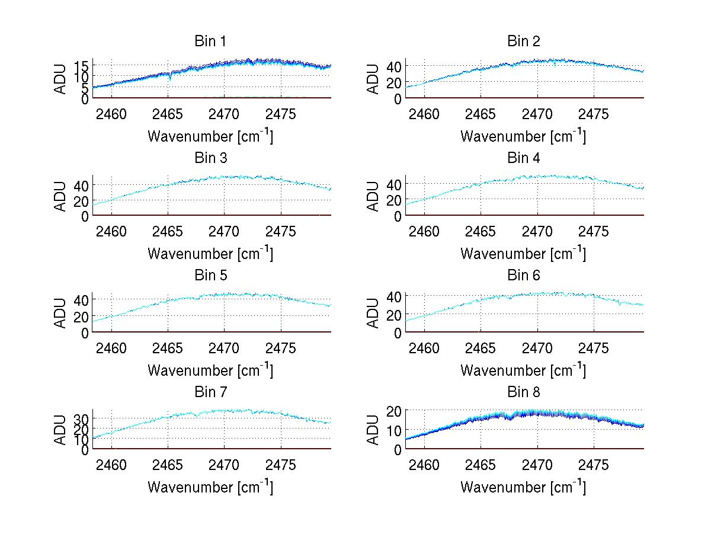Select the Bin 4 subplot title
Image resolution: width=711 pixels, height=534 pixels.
524,158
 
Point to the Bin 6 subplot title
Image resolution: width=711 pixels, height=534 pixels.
524,276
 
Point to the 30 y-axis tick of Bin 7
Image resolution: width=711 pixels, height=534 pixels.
82,418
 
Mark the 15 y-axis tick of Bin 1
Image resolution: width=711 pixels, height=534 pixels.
82,65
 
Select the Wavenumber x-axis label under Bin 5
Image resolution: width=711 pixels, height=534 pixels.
210,370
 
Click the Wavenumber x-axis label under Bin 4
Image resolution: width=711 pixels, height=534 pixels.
523,254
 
